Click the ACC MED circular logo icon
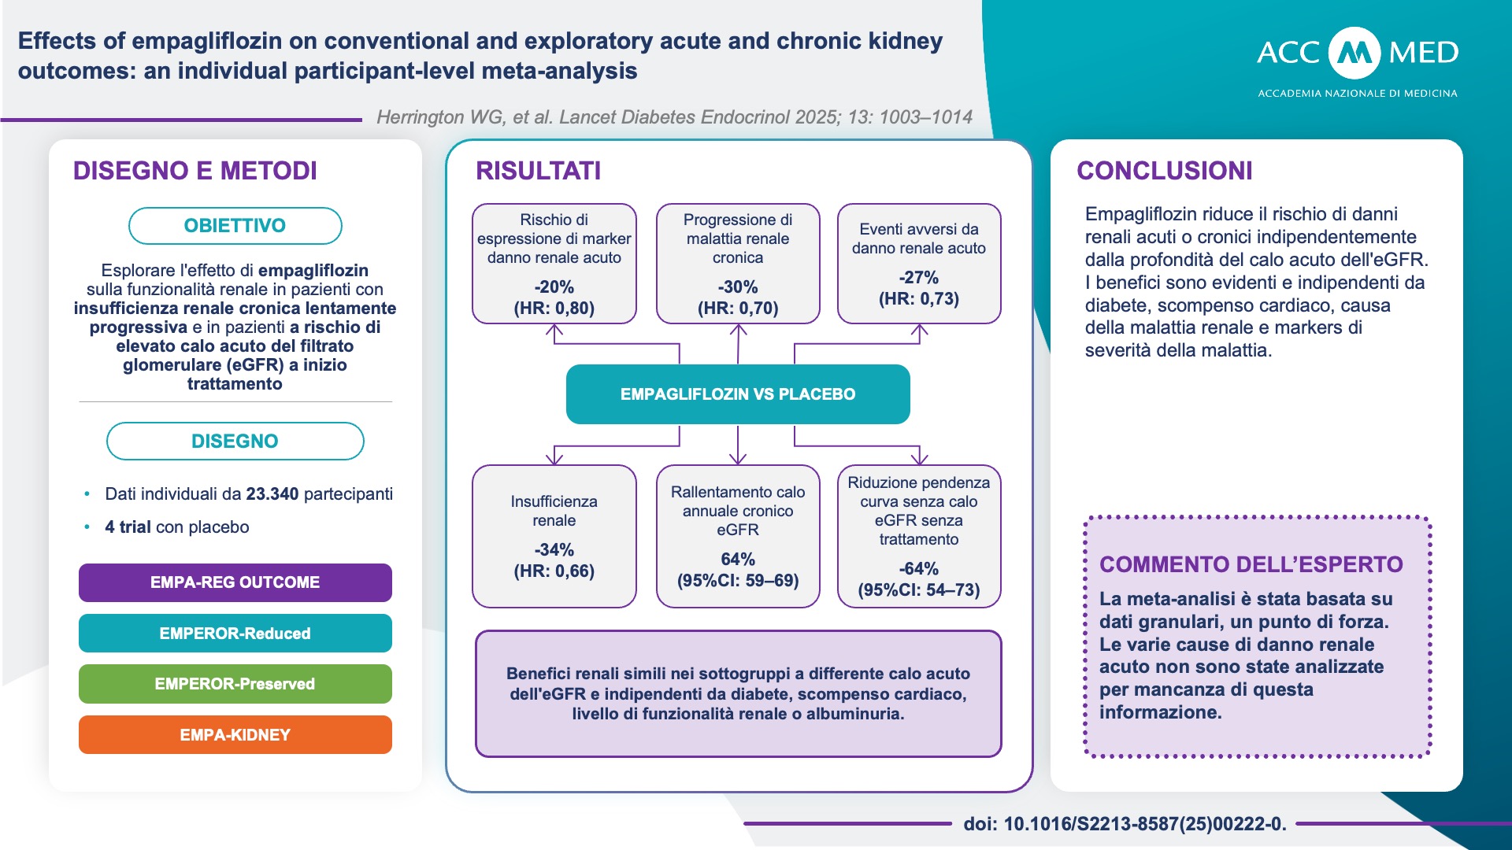(x=1354, y=53)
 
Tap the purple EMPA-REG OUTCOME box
(x=235, y=582)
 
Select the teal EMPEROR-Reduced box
(x=235, y=633)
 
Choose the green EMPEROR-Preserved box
(x=235, y=683)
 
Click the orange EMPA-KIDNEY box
(x=235, y=734)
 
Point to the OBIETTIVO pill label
(x=235, y=226)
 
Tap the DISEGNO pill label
(x=235, y=441)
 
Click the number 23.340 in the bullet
(x=272, y=494)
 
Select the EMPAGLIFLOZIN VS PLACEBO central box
(x=738, y=394)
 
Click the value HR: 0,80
(x=554, y=308)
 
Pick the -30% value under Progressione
(x=738, y=286)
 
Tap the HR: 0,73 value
(x=919, y=298)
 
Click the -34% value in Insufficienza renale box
(x=554, y=549)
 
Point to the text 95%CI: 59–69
(x=738, y=581)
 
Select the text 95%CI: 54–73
(x=919, y=590)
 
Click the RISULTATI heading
(x=539, y=171)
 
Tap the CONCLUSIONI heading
(x=1164, y=171)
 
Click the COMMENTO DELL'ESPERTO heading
(x=1251, y=564)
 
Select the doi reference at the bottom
(x=1125, y=824)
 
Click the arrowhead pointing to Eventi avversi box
(x=919, y=331)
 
